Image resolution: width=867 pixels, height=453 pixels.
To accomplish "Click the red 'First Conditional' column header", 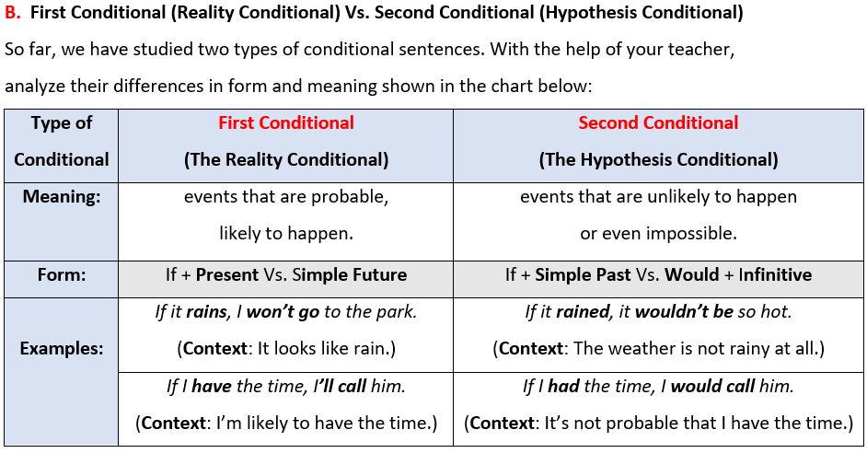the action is tap(286, 122).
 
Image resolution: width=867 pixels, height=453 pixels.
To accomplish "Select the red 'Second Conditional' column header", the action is tap(658, 122).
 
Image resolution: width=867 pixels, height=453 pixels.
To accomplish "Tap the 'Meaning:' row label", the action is tap(62, 197).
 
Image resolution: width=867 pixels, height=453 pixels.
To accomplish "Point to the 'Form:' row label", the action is tap(62, 275).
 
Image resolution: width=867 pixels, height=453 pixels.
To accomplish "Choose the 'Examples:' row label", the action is tap(62, 348).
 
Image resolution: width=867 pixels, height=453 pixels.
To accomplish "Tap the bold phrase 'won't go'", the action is tap(283, 312).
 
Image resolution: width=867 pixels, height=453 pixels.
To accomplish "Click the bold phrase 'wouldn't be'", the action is tap(684, 312).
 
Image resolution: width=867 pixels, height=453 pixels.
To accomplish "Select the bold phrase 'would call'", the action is tap(712, 386).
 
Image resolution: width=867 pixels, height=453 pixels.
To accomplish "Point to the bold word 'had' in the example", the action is tap(563, 386).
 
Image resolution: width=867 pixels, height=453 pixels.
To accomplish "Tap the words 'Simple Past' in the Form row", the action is tap(583, 275).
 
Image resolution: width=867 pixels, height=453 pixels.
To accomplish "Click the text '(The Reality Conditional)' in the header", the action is tap(286, 160).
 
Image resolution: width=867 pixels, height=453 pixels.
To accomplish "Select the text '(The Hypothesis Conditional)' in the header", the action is tap(658, 160).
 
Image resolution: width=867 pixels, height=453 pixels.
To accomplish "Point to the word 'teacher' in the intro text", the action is tap(699, 50).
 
